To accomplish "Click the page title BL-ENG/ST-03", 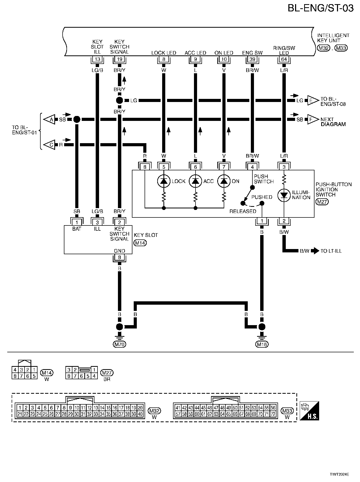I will click(320, 8).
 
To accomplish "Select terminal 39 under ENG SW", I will click(252, 59).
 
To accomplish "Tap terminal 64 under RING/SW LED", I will click(284, 59).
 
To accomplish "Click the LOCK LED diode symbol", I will click(164, 181).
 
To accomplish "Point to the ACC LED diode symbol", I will click(196, 181).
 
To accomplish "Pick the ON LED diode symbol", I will click(224, 181).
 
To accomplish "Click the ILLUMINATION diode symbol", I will click(284, 196).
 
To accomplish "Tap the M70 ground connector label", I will click(119, 344).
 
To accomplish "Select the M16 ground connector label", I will click(262, 344).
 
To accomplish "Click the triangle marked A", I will click(50, 119).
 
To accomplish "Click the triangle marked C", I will click(50, 145).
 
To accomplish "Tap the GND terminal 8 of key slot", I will click(119, 258).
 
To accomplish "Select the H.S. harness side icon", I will click(309, 411).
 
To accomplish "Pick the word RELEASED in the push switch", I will click(243, 211).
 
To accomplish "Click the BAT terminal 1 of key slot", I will click(77, 222).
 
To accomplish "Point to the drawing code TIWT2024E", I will click(339, 474).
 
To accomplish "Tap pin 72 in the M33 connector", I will click(273, 414).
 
